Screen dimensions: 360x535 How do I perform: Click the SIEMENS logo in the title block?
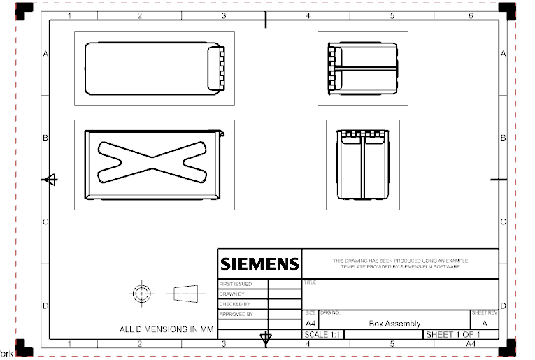pos(259,264)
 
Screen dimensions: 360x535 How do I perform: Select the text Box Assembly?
pos(394,324)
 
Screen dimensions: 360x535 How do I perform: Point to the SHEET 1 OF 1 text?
pos(453,336)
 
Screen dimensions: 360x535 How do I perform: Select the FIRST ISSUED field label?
pos(236,285)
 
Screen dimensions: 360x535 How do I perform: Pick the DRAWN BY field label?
pos(233,294)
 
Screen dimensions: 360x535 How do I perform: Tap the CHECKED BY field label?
pos(234,304)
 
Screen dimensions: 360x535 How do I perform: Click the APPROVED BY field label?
pos(236,315)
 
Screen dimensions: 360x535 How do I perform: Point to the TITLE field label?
pos(310,283)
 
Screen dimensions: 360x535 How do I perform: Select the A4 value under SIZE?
pos(311,324)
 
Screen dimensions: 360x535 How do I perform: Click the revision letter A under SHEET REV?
pos(485,324)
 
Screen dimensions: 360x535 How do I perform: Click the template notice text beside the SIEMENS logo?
pos(400,264)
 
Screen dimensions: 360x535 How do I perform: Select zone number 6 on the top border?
pos(471,15)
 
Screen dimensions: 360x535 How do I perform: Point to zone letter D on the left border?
pos(45,305)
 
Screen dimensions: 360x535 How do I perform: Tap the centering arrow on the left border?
pos(50,180)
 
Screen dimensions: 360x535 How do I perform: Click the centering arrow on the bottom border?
pos(265,339)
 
